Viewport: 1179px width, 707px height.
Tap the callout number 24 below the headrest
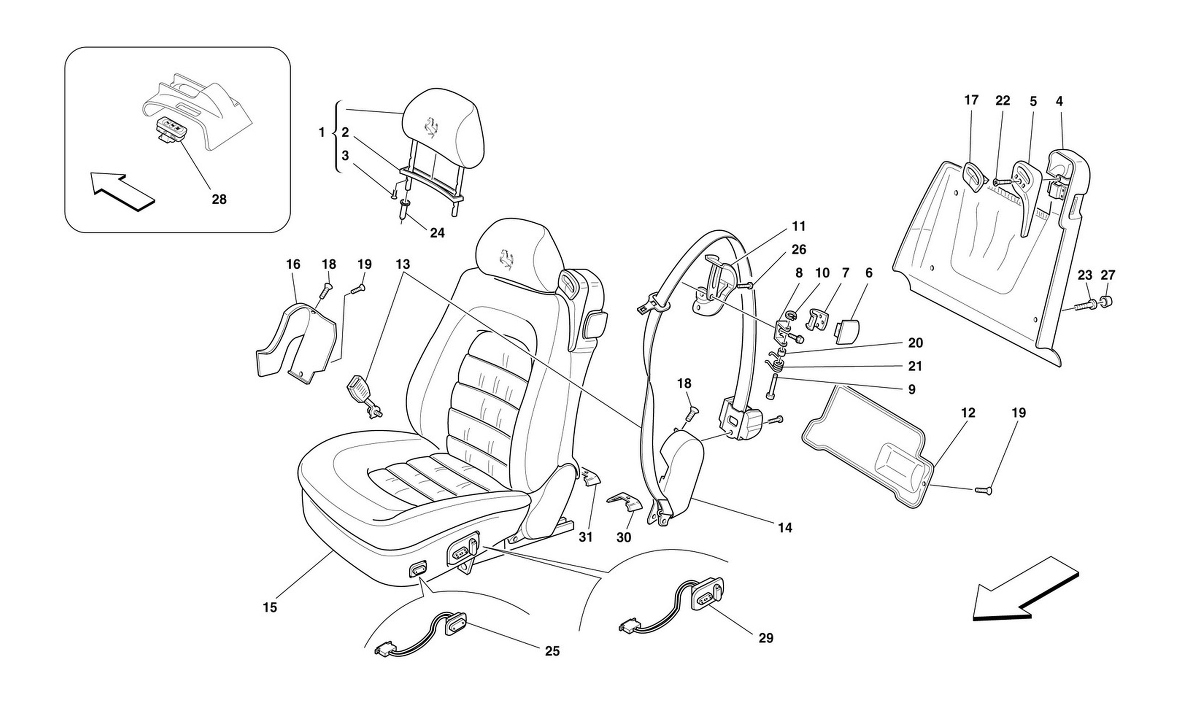tap(437, 233)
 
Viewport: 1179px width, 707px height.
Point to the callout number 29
tap(766, 638)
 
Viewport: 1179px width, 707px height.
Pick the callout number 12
tap(968, 413)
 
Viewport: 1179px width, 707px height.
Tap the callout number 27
tap(1108, 275)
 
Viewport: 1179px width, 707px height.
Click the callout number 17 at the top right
tap(971, 100)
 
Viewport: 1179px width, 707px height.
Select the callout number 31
tap(586, 537)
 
